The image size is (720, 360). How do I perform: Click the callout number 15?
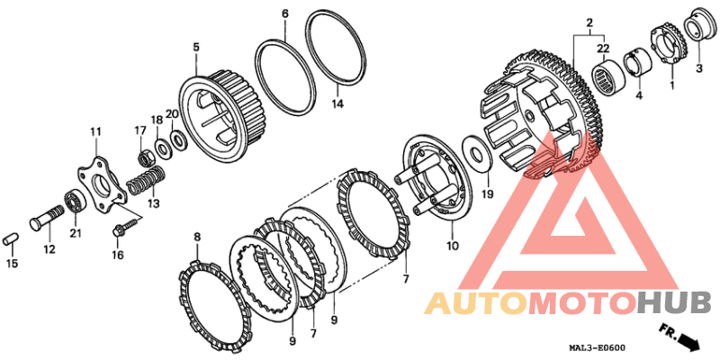coord(12,264)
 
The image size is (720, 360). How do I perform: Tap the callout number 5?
coord(195,46)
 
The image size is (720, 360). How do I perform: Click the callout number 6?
coord(285,13)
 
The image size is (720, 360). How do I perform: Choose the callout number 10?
coord(452,245)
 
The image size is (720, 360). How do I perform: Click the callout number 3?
coord(697,67)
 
